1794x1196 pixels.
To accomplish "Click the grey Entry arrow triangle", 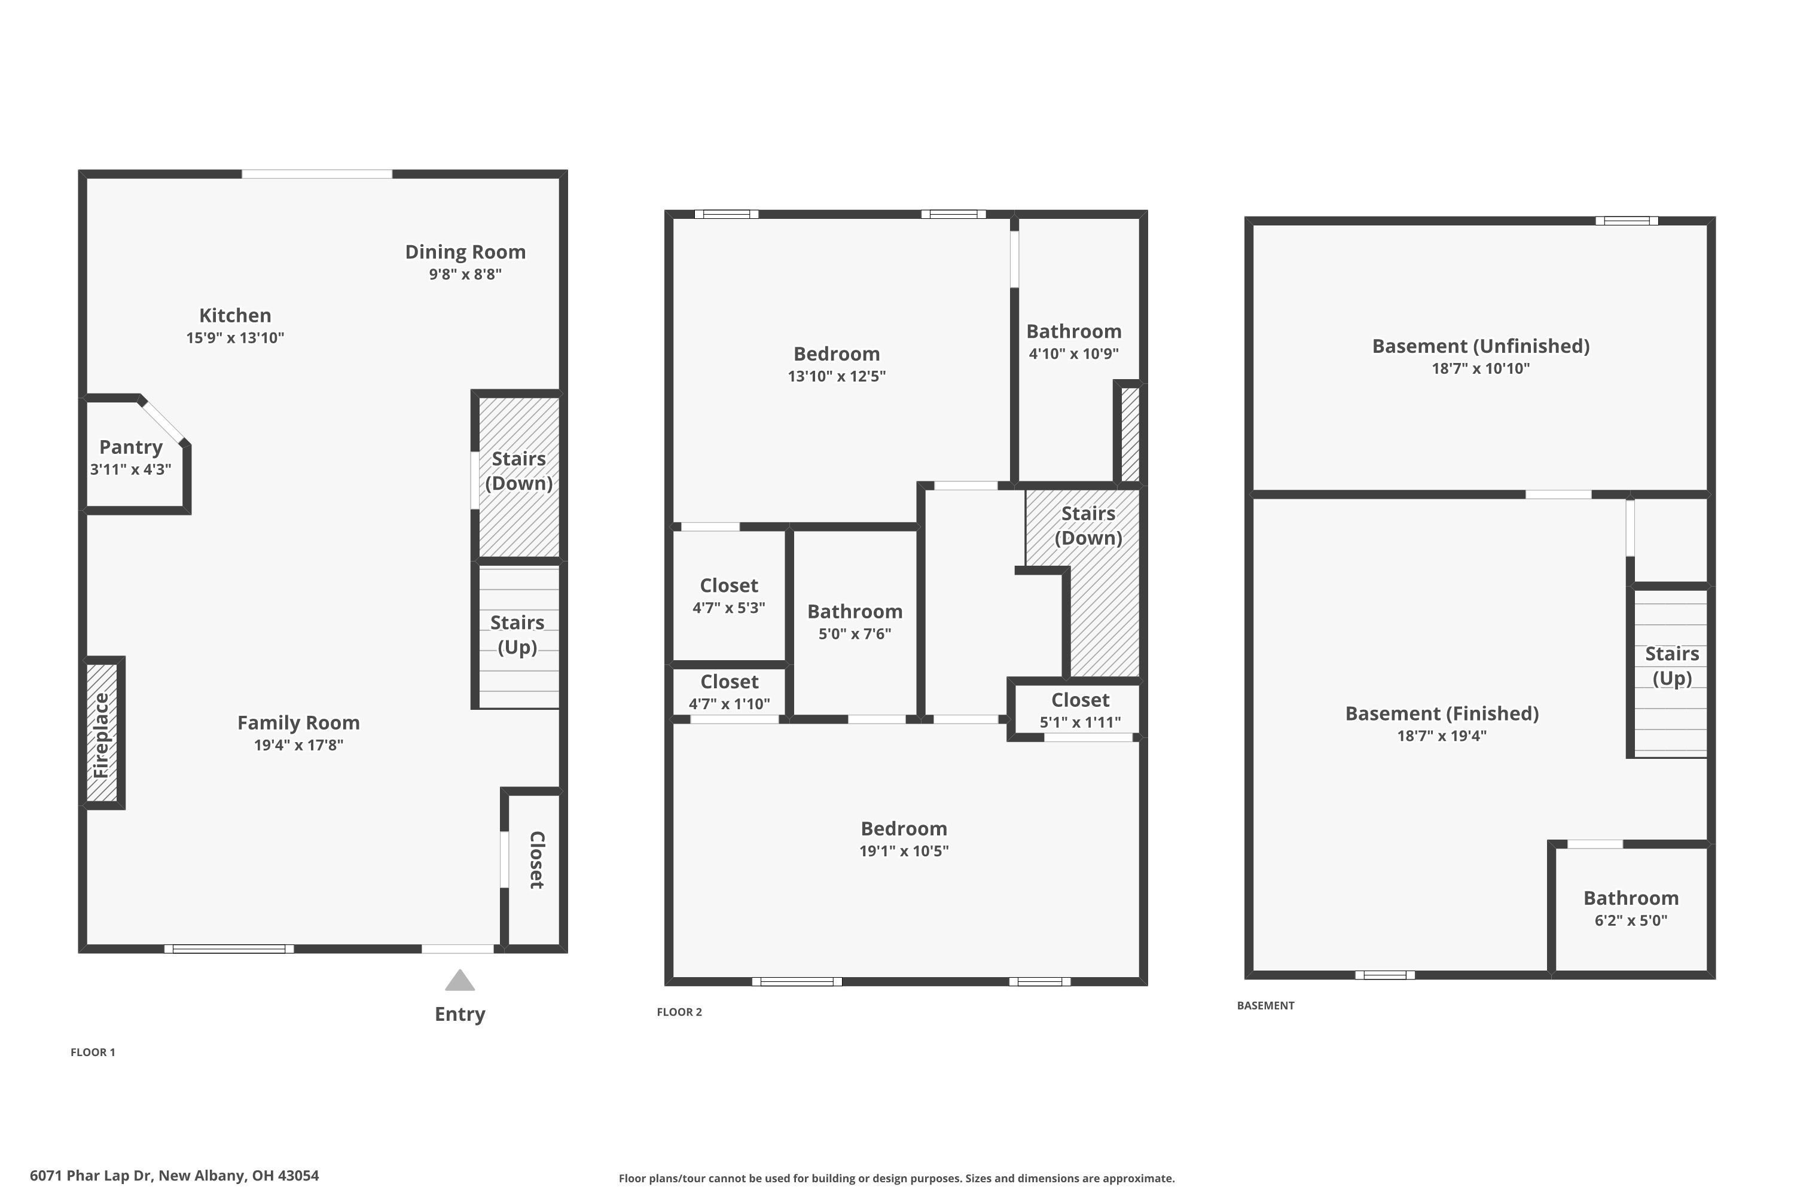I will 460,981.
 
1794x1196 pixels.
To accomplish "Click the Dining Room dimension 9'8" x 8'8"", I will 465,274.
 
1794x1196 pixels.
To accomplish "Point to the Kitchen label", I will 235,316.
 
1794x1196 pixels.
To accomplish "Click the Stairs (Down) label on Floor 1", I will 518,471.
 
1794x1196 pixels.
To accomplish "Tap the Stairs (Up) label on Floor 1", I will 517,634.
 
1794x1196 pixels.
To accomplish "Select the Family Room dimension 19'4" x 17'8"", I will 298,745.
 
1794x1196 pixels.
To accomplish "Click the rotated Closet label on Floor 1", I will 537,860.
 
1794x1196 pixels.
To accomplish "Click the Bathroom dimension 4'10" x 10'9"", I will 1073,354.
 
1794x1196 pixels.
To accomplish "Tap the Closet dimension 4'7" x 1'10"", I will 729,704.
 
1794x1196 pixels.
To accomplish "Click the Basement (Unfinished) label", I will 1481,346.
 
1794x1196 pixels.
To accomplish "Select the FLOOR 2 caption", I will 679,1012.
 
